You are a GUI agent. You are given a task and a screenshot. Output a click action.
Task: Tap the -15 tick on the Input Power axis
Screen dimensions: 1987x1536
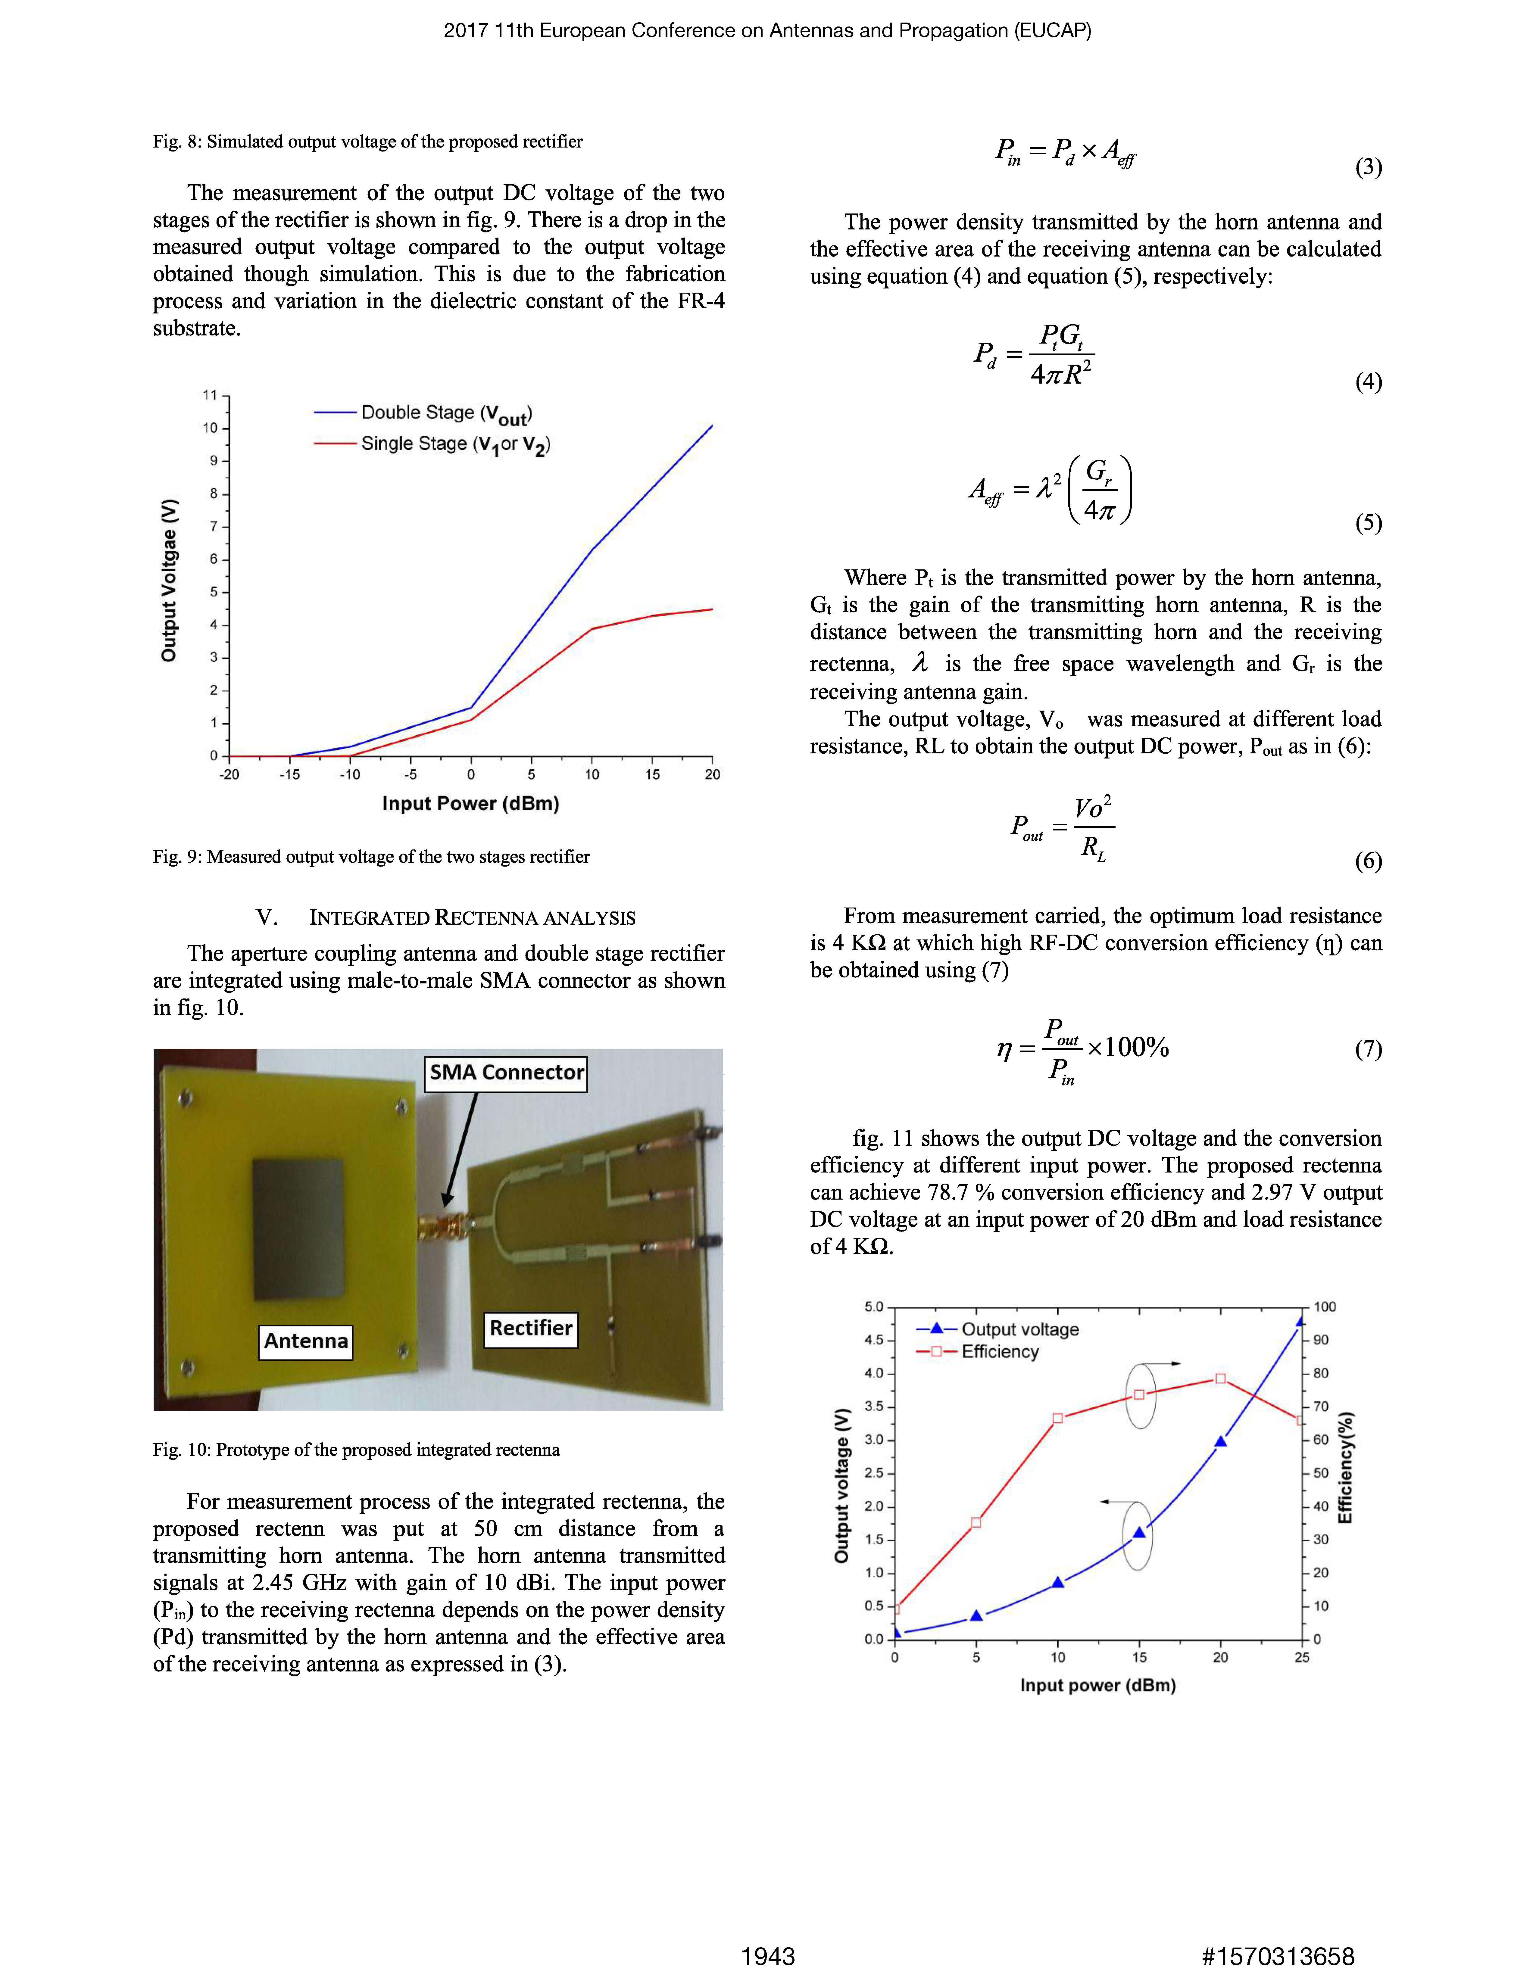click(289, 774)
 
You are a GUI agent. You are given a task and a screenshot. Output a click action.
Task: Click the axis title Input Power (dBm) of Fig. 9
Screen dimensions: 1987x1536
click(470, 803)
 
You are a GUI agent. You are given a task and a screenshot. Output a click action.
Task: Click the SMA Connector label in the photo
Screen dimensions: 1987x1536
click(506, 1073)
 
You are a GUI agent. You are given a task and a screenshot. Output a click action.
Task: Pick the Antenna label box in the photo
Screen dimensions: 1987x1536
click(306, 1340)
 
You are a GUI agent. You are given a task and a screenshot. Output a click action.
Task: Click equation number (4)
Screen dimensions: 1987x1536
click(1368, 381)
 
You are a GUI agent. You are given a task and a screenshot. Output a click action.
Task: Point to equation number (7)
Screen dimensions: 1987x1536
click(1368, 1049)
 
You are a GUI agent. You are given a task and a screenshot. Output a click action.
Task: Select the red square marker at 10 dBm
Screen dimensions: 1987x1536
click(1057, 1419)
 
